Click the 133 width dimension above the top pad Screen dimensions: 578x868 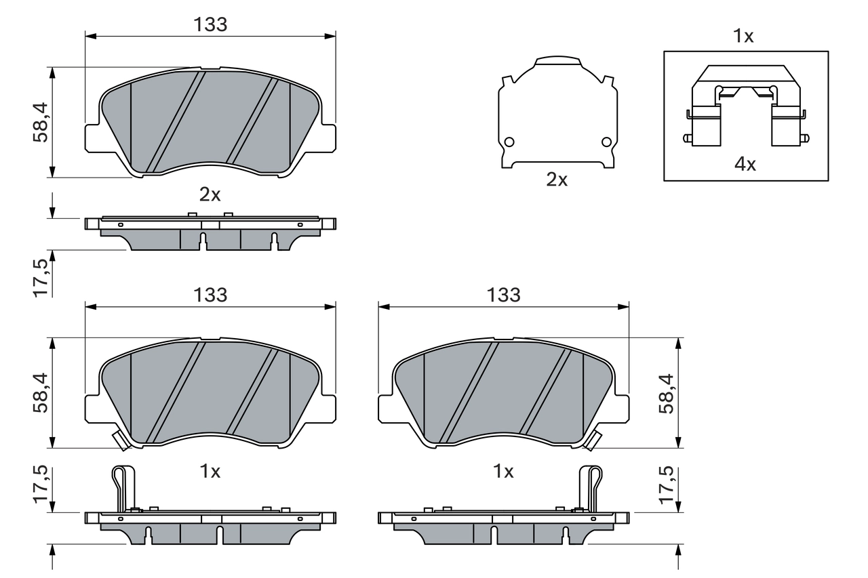point(210,24)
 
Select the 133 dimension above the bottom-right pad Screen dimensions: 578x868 point(503,295)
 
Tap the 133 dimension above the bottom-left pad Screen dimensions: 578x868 point(210,295)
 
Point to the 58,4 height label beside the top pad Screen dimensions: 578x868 point(41,122)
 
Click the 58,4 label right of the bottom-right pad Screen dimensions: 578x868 point(667,393)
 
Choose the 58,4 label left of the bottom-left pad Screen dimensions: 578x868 point(41,393)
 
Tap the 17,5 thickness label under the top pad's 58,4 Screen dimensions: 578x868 point(41,276)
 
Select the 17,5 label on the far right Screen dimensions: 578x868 point(667,485)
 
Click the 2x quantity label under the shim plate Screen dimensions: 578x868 point(557,180)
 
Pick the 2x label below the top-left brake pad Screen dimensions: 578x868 point(210,195)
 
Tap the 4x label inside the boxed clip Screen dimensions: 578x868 point(746,163)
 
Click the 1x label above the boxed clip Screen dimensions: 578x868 point(744,37)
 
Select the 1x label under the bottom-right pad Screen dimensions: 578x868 point(503,472)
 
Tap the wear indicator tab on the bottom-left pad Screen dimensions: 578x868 point(121,441)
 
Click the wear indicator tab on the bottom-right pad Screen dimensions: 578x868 point(593,440)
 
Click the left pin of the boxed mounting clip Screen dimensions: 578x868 point(687,139)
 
